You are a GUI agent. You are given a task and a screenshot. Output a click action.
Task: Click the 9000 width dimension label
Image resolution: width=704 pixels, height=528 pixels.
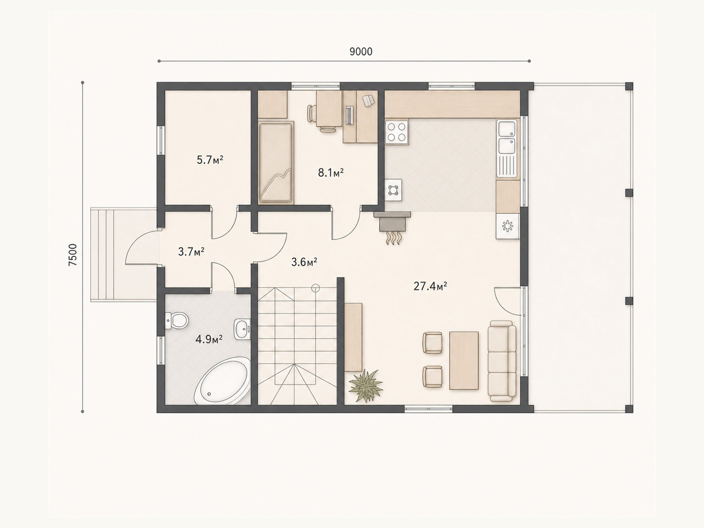click(x=361, y=51)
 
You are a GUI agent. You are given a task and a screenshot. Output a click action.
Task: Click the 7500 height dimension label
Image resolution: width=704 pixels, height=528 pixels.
click(x=73, y=255)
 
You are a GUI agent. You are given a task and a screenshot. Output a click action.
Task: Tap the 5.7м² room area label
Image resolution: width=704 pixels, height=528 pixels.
click(x=210, y=160)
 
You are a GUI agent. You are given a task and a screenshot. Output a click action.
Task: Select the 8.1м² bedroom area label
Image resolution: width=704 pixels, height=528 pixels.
click(x=331, y=173)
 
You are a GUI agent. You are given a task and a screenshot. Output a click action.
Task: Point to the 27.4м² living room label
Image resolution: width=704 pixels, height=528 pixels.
click(x=430, y=286)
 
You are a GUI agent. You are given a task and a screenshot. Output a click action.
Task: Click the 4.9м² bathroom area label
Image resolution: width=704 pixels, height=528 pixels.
click(x=209, y=339)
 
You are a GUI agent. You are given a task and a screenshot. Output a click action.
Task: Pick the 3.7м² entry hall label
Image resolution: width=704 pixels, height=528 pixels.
click(x=191, y=252)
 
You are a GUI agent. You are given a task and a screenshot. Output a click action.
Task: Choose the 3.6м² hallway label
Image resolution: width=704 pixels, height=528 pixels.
click(x=304, y=262)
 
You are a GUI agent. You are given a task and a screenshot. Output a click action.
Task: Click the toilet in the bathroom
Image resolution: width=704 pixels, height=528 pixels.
click(x=177, y=320)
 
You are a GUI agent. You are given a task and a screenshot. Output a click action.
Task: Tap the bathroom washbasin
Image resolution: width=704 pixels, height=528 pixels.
click(x=242, y=329)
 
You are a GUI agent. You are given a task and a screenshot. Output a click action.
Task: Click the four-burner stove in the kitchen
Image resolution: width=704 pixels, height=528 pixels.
click(x=397, y=132)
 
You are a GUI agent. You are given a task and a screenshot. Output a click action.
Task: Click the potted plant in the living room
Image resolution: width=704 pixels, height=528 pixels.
click(x=366, y=385)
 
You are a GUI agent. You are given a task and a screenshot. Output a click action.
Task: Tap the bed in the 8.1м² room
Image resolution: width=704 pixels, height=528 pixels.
click(x=276, y=162)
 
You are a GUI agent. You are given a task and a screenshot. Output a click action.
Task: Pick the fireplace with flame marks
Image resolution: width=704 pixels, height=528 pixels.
click(x=392, y=227)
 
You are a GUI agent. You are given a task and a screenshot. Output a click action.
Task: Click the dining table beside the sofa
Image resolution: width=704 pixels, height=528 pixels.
click(x=464, y=361)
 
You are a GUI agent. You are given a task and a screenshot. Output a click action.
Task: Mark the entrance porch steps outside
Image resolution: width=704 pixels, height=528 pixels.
click(x=103, y=255)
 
